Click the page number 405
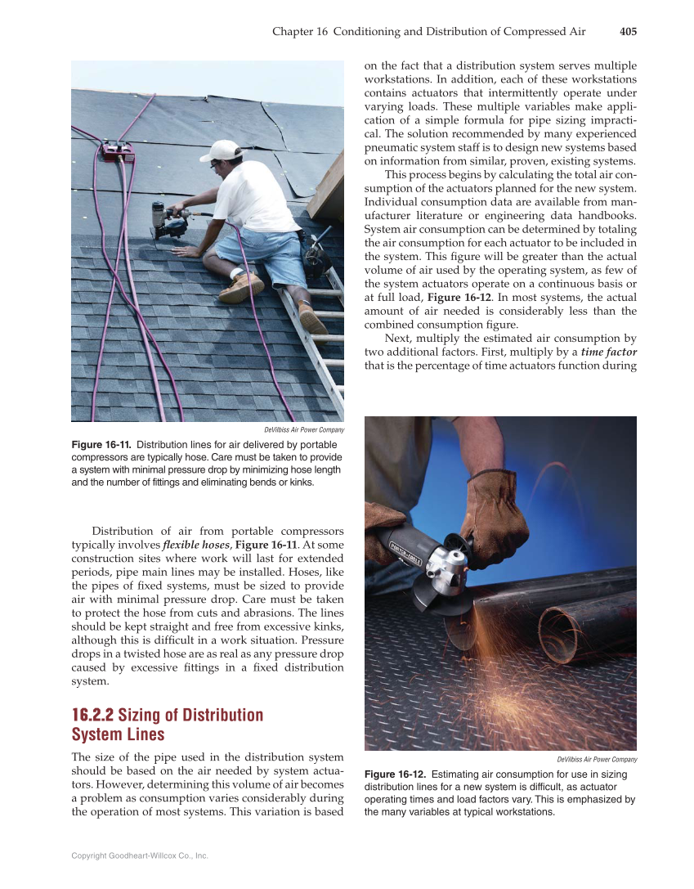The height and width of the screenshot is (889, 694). pyautogui.click(x=628, y=32)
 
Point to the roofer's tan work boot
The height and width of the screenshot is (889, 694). pyautogui.click(x=241, y=286)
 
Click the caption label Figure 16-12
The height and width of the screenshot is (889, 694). pyautogui.click(x=394, y=774)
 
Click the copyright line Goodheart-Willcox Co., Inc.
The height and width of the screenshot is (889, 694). pyautogui.click(x=140, y=855)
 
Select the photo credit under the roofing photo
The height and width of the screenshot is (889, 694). pyautogui.click(x=303, y=430)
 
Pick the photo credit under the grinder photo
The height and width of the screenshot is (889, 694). pyautogui.click(x=596, y=760)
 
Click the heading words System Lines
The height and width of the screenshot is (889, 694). pyautogui.click(x=118, y=734)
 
